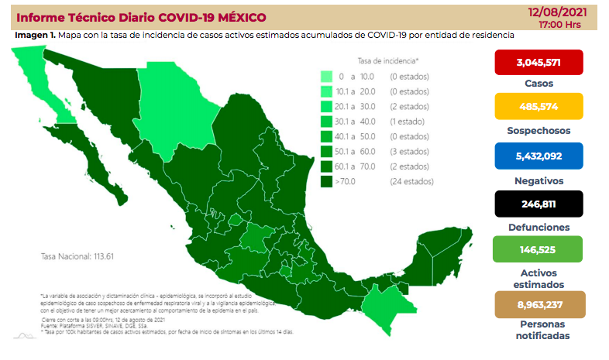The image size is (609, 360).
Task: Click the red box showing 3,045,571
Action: pos(540,62)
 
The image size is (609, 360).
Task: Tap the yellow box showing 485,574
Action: pos(540,108)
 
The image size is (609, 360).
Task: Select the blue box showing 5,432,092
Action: pos(540,155)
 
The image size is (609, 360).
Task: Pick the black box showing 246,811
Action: pos(540,204)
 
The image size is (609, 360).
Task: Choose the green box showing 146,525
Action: pos(540,252)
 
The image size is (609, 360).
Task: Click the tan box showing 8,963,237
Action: pos(540,304)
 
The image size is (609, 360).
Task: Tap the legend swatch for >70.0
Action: pos(327,181)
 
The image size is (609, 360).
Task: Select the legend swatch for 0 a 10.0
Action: pos(327,77)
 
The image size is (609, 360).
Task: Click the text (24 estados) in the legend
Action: pos(411,181)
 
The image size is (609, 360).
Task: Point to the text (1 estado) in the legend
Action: pos(408,122)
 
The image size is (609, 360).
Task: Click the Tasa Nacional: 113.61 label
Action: pos(77,256)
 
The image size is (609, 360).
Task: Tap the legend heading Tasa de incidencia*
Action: pos(388,60)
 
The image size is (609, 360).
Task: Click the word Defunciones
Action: pos(540,228)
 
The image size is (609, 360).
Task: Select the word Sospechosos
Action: pos(540,131)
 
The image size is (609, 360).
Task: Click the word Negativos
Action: pos(540,180)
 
